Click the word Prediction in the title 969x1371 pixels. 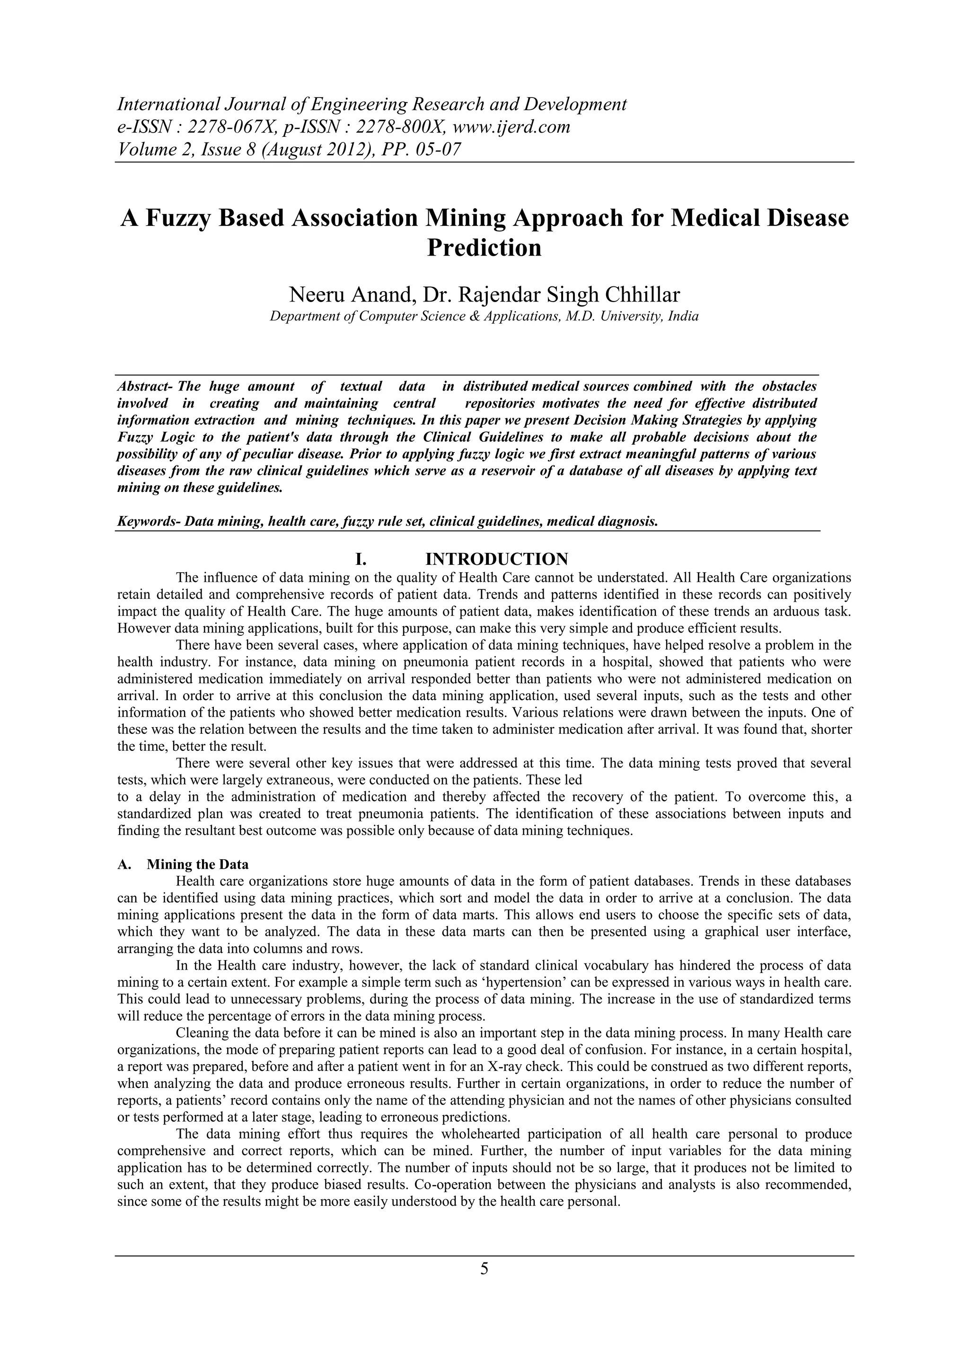coord(484,248)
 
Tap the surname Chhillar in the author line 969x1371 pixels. coord(642,295)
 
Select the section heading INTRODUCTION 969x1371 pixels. coord(496,560)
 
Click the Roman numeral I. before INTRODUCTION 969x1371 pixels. coord(361,560)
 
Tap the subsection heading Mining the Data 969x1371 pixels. coord(197,864)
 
